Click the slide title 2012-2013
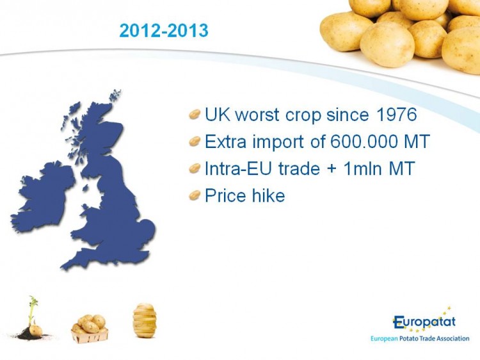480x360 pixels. point(164,31)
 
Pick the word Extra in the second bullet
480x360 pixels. point(225,141)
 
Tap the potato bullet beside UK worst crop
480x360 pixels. point(195,115)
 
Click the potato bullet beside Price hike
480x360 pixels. point(195,195)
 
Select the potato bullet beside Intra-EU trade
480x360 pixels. point(195,168)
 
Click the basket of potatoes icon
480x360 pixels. point(90,329)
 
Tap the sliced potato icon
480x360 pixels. point(144,320)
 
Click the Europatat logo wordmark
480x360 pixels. point(424,321)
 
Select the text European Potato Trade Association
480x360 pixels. point(420,339)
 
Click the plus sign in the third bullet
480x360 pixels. point(332,169)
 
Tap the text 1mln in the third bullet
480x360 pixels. point(363,168)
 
